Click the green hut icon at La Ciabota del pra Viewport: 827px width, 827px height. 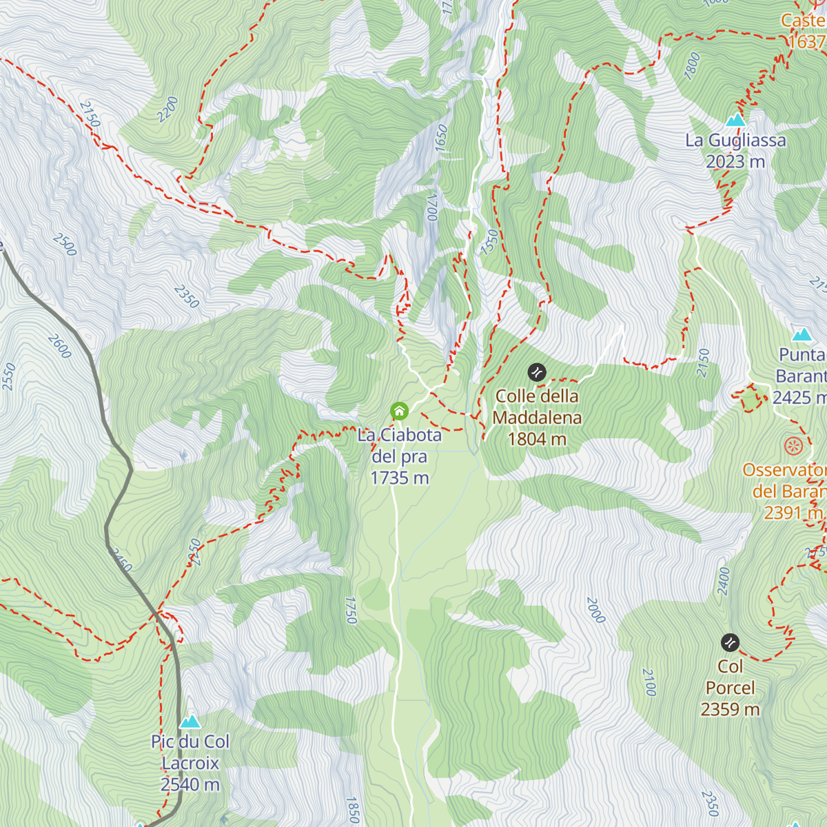point(399,411)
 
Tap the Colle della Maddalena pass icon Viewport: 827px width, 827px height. point(537,373)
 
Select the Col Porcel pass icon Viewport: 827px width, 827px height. point(730,643)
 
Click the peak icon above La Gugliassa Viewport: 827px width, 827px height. point(735,120)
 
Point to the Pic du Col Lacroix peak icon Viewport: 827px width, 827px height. point(190,722)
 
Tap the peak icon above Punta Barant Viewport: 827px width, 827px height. point(802,335)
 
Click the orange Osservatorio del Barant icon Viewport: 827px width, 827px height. point(794,446)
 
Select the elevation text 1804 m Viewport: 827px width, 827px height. point(537,439)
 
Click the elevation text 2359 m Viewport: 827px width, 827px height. point(730,709)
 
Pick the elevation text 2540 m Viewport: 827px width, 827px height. point(190,784)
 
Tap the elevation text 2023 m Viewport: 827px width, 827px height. point(735,162)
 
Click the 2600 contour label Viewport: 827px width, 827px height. point(60,346)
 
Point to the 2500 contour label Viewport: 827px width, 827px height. point(64,245)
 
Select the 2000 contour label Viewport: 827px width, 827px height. point(595,610)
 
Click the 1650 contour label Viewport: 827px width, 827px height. point(442,139)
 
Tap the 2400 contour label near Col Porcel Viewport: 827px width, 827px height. point(724,580)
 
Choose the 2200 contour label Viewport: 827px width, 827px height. point(167,110)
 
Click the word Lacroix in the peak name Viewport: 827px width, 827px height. point(190,763)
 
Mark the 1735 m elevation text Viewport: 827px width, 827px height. point(399,478)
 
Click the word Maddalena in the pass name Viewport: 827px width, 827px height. point(537,418)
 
